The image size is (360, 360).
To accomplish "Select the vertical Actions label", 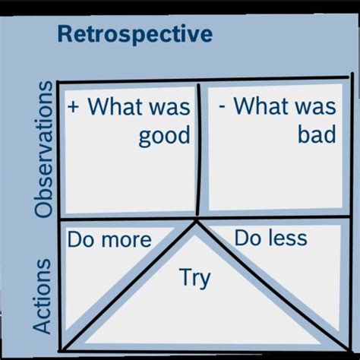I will pos(43,296).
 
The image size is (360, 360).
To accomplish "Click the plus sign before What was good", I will pos(74,105).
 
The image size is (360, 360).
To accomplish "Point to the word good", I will pos(164,136).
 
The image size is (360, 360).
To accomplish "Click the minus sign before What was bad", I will pos(222,105).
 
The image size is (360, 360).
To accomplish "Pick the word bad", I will pos(316,134).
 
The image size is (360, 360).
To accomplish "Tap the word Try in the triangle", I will pos(194,278).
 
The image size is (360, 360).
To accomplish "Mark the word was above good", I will pos(171,105).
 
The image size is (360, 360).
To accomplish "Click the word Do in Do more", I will pos(81,241).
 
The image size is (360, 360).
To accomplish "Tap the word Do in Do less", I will pos(248,238).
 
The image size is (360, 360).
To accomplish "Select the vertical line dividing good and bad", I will pos(199,152).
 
